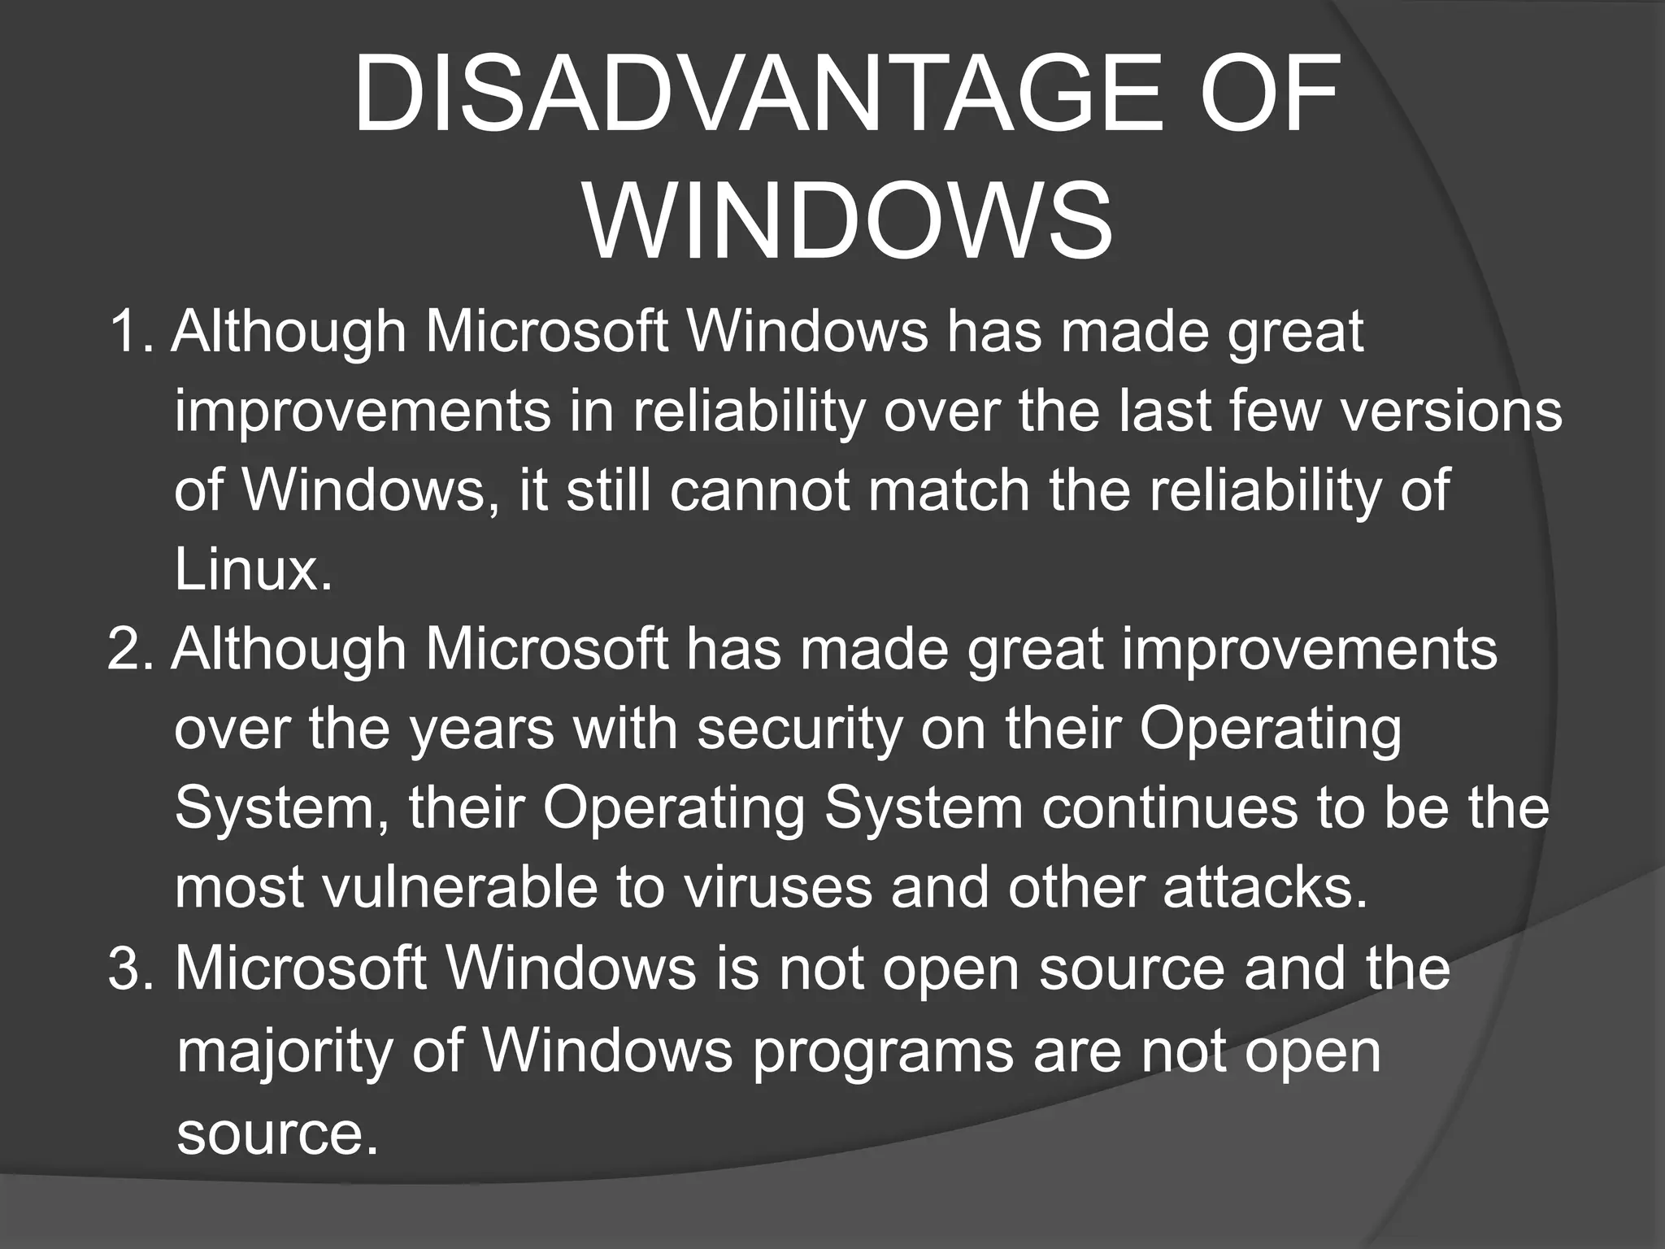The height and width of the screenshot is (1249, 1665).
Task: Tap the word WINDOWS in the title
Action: [849, 221]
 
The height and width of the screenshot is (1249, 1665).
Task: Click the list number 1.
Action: [130, 332]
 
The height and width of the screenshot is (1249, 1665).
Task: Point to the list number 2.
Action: [130, 649]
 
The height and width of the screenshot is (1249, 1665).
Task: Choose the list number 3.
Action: [130, 969]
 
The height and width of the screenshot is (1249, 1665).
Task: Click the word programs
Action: [882, 1052]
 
